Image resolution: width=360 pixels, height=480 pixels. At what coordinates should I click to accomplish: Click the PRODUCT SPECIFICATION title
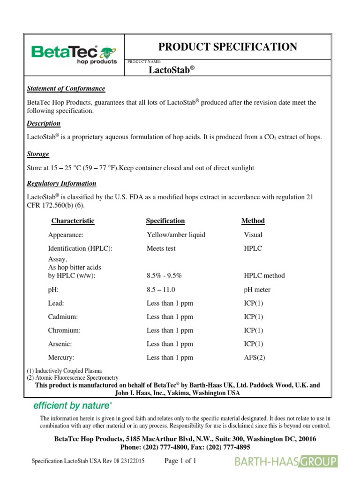coord(227,47)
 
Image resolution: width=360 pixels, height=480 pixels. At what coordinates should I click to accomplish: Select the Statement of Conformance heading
coord(66,89)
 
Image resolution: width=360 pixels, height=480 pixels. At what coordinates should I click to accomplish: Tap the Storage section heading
coord(38,154)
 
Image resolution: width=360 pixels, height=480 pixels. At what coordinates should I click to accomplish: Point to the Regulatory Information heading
coord(62,183)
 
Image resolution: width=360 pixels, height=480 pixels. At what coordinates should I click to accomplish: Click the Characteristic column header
coord(73,221)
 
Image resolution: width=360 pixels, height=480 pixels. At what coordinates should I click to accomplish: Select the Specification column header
coord(165,221)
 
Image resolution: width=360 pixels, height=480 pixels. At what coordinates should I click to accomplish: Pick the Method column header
coord(253,221)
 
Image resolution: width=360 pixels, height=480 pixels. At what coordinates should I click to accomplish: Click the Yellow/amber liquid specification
coord(176,235)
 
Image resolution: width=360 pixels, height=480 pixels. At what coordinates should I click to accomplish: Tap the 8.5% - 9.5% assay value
coord(165,276)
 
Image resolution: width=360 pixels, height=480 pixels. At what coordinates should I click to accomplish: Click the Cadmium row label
coord(63,317)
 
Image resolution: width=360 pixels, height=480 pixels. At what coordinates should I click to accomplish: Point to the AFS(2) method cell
coord(255,358)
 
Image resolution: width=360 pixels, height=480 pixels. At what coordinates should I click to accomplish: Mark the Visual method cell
coord(253,235)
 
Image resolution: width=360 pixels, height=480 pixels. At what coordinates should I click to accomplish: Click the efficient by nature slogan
coord(72,405)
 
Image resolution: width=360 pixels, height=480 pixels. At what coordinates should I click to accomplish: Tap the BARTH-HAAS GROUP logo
coord(286,462)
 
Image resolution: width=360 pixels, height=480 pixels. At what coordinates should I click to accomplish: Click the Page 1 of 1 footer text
coord(180,461)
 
